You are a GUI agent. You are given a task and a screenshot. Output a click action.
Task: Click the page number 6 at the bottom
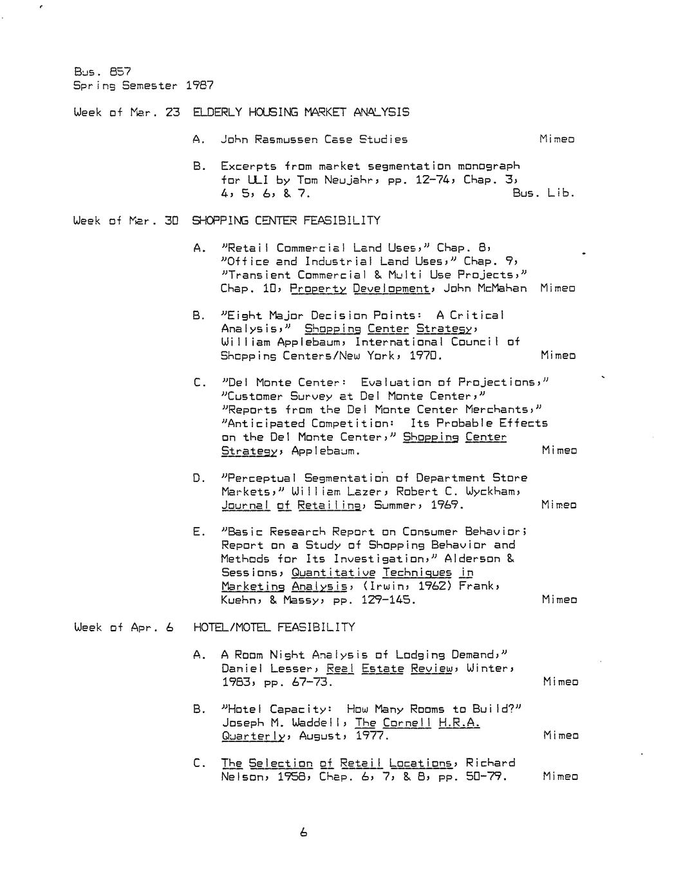coord(304,832)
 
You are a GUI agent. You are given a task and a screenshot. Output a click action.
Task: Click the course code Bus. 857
coord(102,71)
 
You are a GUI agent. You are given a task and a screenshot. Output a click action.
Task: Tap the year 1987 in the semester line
coord(199,85)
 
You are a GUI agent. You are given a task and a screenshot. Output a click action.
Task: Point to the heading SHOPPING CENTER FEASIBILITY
coord(286,221)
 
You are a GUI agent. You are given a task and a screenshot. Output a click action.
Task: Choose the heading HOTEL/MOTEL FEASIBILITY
coord(274,627)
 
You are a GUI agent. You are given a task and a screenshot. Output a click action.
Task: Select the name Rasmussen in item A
coord(286,139)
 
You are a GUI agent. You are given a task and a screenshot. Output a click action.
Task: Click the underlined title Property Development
coord(360,289)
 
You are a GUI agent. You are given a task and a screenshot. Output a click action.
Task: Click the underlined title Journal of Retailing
coord(291,505)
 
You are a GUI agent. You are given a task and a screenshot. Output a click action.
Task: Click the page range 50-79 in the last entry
coord(486,777)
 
